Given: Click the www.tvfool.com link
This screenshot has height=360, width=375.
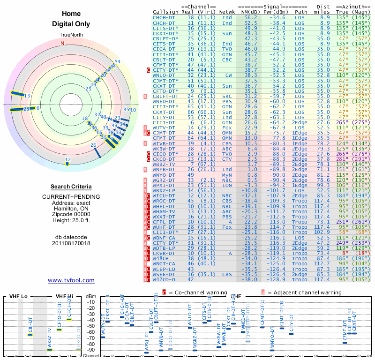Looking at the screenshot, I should click(x=71, y=280).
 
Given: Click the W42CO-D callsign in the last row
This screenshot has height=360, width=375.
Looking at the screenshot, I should click(x=164, y=279).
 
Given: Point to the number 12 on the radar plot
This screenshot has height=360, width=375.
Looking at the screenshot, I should click(x=67, y=160).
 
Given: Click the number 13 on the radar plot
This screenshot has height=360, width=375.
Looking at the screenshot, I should click(x=27, y=96).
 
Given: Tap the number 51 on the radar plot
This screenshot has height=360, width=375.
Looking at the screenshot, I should click(x=118, y=62).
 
